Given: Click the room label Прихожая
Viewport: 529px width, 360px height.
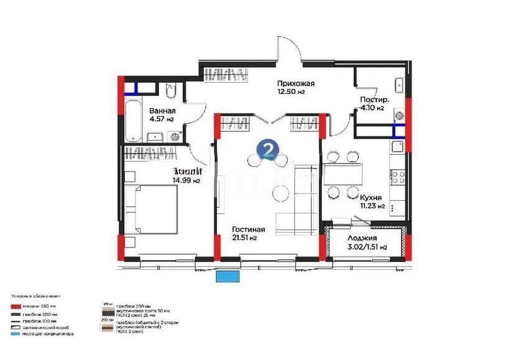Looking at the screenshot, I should coord(296,84).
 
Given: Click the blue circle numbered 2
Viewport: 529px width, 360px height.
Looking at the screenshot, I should coord(267,149).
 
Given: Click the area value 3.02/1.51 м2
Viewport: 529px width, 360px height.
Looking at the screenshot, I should coord(367,247).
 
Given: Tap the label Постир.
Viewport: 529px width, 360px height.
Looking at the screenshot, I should coord(375,99).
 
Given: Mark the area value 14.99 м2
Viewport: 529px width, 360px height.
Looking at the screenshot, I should coord(186,181).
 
